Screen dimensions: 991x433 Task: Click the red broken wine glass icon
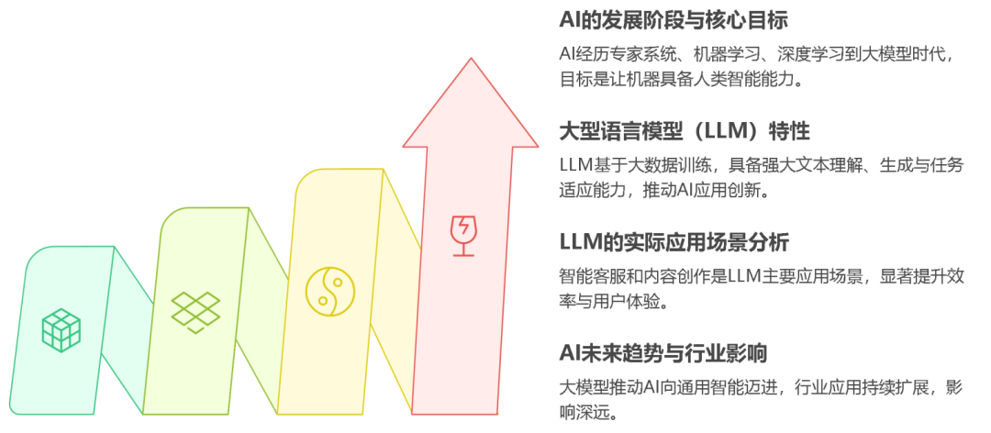coord(462,235)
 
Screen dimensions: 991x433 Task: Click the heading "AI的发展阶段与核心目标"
coord(674,19)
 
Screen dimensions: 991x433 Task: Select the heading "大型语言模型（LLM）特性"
coord(685,131)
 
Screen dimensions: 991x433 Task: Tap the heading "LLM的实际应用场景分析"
coord(674,243)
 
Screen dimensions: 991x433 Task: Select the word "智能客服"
coord(588,276)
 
